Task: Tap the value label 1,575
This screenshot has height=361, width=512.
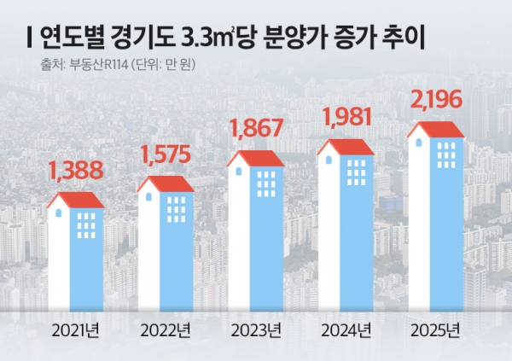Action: [x=166, y=155]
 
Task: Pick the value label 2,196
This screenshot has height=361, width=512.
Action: [x=436, y=102]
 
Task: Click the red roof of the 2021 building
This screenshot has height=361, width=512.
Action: [x=77, y=201]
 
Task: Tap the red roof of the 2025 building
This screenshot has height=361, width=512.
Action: [x=437, y=130]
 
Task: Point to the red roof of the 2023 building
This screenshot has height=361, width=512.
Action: [x=257, y=159]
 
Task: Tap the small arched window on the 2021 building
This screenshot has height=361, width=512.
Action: [x=60, y=213]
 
